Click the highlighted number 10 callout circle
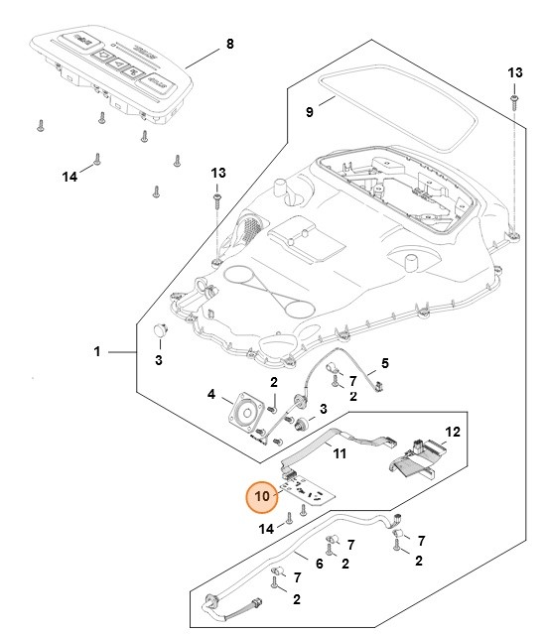click(261, 493)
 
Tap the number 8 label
click(230, 44)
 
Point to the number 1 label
click(96, 352)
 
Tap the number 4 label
click(210, 394)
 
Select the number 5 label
click(385, 363)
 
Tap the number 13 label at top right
click(515, 73)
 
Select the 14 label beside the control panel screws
click(69, 176)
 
